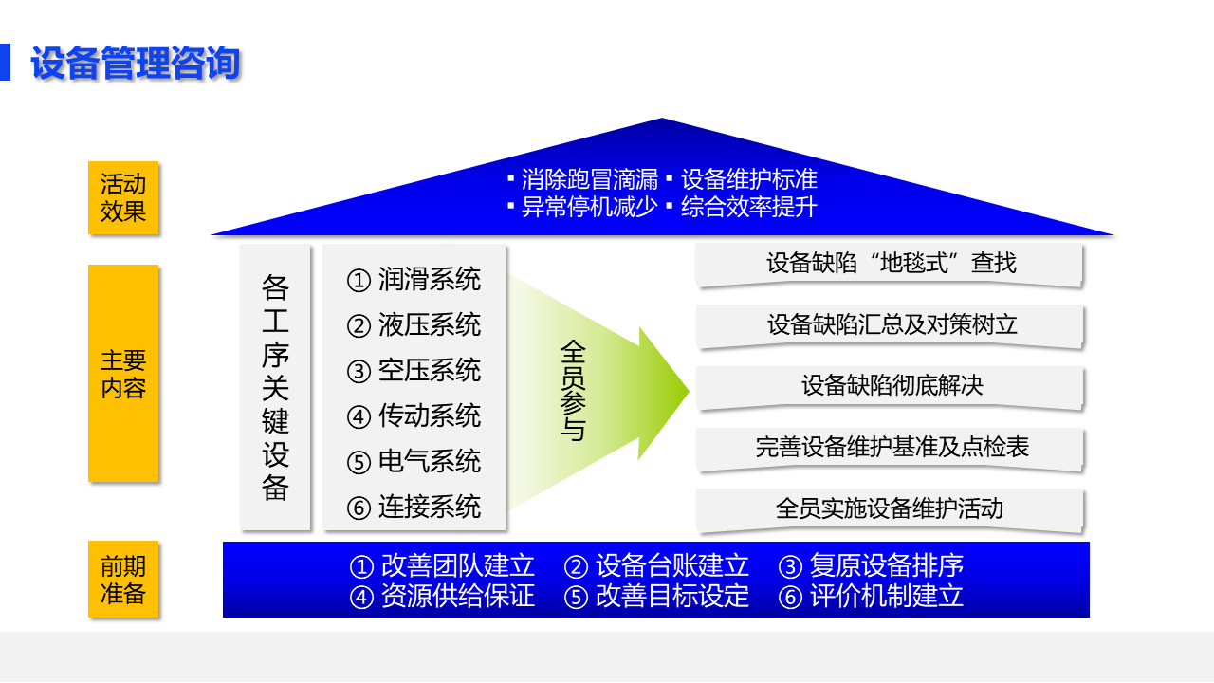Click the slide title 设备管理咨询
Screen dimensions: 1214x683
tap(136, 63)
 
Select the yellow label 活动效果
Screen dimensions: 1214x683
tap(123, 198)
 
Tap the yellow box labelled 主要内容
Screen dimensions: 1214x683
tap(123, 374)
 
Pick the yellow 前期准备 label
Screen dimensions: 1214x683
tap(123, 580)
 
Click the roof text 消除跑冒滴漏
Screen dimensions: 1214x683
tap(590, 179)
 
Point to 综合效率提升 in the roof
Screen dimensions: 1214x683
tap(749, 207)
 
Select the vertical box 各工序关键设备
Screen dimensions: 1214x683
tap(276, 387)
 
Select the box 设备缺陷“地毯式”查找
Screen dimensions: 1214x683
tap(890, 264)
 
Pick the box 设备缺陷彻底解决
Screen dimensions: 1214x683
tap(890, 387)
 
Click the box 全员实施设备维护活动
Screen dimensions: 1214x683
tap(890, 509)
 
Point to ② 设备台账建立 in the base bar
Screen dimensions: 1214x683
tap(657, 565)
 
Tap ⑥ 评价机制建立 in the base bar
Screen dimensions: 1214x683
tap(871, 596)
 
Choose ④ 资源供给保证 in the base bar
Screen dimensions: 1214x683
tap(442, 596)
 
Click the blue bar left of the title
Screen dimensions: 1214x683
tap(5, 63)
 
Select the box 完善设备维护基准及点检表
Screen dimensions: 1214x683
tap(890, 449)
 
